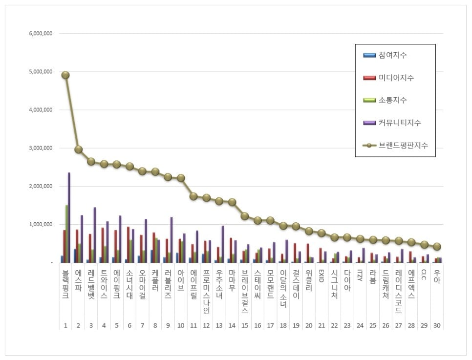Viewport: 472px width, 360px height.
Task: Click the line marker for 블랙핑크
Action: [65, 75]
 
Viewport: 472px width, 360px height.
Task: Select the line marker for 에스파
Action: [78, 149]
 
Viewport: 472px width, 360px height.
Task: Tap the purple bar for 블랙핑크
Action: [69, 217]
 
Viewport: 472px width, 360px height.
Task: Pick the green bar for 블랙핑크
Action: [66, 233]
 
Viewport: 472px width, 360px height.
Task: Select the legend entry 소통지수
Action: [392, 100]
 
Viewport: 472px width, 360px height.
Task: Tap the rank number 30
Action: [436, 325]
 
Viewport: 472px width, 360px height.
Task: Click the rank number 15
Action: [245, 325]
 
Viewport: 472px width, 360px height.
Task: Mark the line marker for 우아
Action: [436, 247]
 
